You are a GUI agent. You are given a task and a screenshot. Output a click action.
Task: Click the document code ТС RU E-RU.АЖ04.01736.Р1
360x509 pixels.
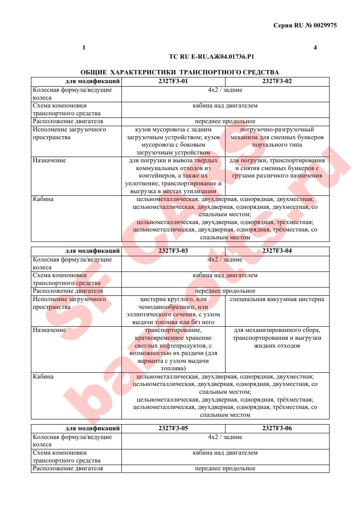211,57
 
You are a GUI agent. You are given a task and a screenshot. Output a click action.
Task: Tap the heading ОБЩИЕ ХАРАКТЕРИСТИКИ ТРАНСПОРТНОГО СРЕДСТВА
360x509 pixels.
180,72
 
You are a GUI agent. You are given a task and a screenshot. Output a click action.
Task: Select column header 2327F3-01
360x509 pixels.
173,81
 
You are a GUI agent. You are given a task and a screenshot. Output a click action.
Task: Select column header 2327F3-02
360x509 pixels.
277,81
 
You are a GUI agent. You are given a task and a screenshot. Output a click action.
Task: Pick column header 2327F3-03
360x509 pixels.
173,251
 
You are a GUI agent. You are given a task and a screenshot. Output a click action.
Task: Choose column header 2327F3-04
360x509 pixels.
277,251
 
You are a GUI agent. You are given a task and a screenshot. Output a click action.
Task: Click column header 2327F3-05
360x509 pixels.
173,428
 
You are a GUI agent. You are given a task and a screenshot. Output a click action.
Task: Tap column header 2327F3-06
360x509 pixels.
277,428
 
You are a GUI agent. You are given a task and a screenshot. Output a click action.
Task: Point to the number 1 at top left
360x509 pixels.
84,47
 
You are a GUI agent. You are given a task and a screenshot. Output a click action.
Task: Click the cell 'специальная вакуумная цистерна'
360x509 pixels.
277,299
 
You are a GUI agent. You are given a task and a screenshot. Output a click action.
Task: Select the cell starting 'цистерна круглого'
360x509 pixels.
173,311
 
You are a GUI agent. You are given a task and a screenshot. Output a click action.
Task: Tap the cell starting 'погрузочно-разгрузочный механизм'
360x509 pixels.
277,137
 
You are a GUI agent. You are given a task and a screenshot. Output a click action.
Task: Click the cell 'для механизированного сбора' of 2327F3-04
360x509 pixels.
277,338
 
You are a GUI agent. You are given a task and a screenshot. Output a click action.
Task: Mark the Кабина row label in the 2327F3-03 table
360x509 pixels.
43,377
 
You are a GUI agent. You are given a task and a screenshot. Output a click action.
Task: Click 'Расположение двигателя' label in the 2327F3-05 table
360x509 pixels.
68,469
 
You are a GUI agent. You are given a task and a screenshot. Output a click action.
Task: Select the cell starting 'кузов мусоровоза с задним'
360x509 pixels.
173,141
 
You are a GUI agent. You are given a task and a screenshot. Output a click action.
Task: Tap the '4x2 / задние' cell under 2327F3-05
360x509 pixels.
225,437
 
